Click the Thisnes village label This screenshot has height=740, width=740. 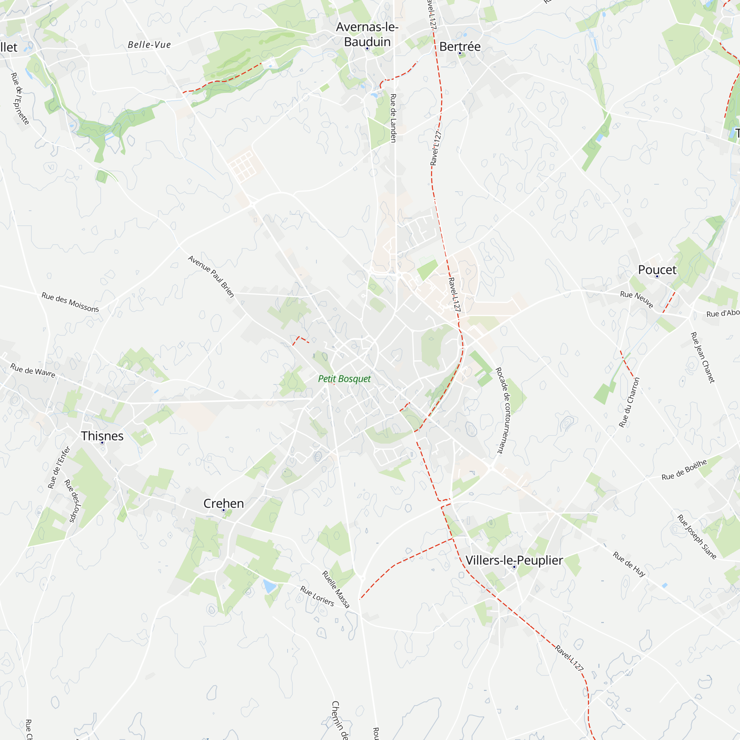[x=102, y=436]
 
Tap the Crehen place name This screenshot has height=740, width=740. [x=223, y=503]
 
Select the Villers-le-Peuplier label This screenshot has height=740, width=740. [x=514, y=560]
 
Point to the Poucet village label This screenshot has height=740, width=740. [x=657, y=270]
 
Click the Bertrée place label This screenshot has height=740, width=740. [x=460, y=47]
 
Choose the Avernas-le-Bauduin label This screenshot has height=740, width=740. [x=367, y=34]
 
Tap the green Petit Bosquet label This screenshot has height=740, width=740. [x=344, y=379]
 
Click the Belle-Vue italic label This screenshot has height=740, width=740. [x=149, y=45]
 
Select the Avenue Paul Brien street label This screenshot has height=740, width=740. [x=211, y=276]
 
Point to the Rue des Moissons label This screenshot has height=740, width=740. [x=70, y=302]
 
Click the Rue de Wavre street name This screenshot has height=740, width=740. [x=33, y=370]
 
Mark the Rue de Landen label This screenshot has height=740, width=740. [x=393, y=118]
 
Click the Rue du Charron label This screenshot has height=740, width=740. [x=630, y=402]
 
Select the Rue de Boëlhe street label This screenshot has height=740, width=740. [x=684, y=470]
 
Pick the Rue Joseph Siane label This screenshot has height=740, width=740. [x=697, y=536]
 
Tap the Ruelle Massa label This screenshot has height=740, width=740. [x=336, y=589]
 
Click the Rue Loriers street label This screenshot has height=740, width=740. [x=317, y=596]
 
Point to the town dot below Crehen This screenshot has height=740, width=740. [x=224, y=511]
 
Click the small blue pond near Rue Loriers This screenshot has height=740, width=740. [x=269, y=586]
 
